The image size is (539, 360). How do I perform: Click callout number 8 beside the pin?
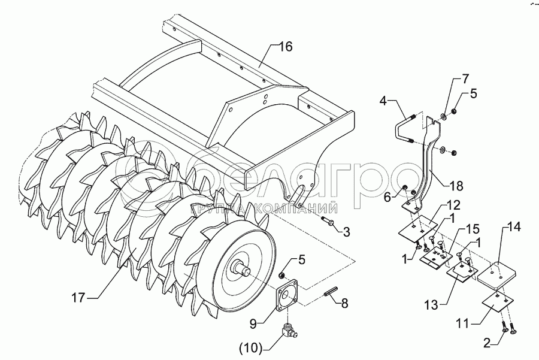(x=345, y=304)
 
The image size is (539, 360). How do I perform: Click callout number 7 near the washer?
(x=465, y=79)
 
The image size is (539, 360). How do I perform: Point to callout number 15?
(x=473, y=230)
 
